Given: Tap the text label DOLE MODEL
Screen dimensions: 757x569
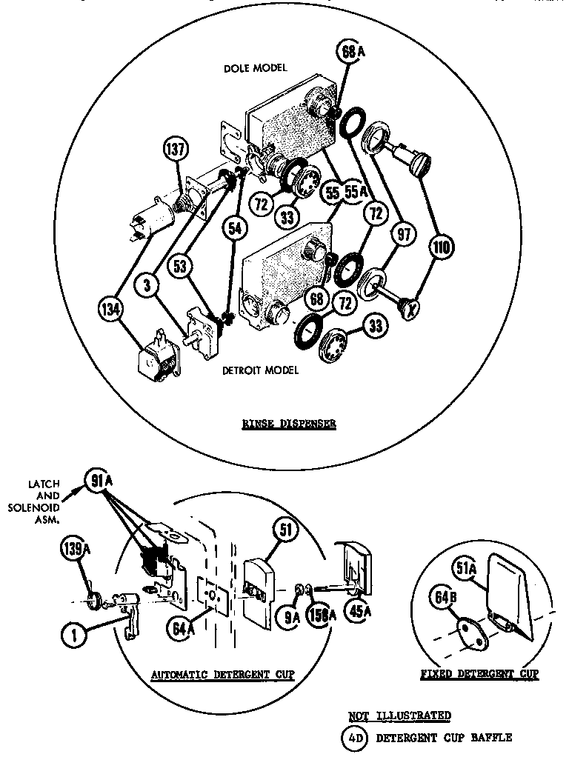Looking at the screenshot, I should [255, 68].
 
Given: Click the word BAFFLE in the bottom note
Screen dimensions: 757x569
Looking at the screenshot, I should [491, 737].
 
